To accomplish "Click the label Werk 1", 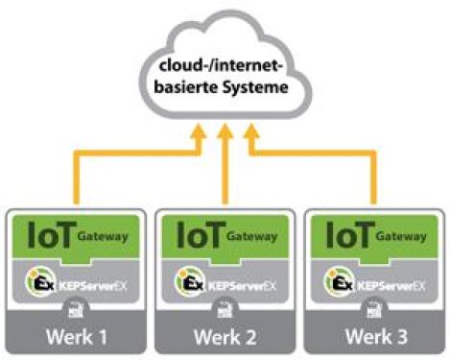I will click(x=75, y=337).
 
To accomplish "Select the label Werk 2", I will click(x=225, y=337).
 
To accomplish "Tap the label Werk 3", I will click(x=373, y=337).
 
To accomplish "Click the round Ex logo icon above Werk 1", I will click(x=39, y=284).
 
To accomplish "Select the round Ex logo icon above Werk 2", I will click(x=189, y=284).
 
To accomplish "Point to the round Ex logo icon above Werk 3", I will click(x=338, y=284).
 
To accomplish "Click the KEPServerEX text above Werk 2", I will click(x=240, y=285).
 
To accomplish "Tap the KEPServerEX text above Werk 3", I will click(x=389, y=285).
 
